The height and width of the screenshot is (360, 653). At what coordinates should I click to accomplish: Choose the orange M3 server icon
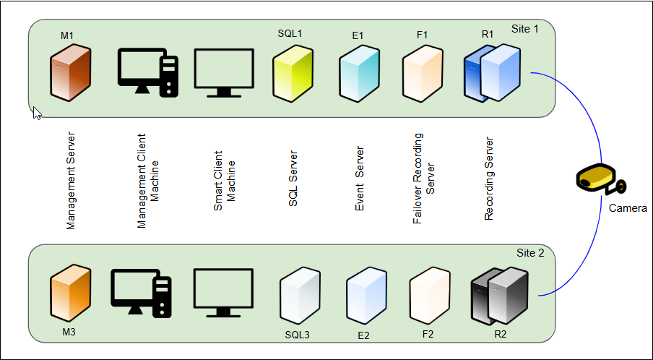pyautogui.click(x=71, y=293)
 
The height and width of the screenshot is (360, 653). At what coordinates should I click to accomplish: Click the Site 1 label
pyautogui.click(x=526, y=29)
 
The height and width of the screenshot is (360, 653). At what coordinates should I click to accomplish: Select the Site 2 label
pyautogui.click(x=530, y=253)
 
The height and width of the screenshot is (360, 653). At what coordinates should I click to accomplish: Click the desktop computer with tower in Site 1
pyautogui.click(x=147, y=72)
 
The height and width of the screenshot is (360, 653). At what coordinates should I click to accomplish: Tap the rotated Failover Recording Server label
pyautogui.click(x=424, y=178)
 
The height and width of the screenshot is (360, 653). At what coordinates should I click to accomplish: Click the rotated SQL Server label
pyautogui.click(x=293, y=179)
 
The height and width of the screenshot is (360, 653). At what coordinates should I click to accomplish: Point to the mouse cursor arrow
pyautogui.click(x=37, y=113)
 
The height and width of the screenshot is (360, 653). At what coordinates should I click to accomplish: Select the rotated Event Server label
pyautogui.click(x=360, y=179)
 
